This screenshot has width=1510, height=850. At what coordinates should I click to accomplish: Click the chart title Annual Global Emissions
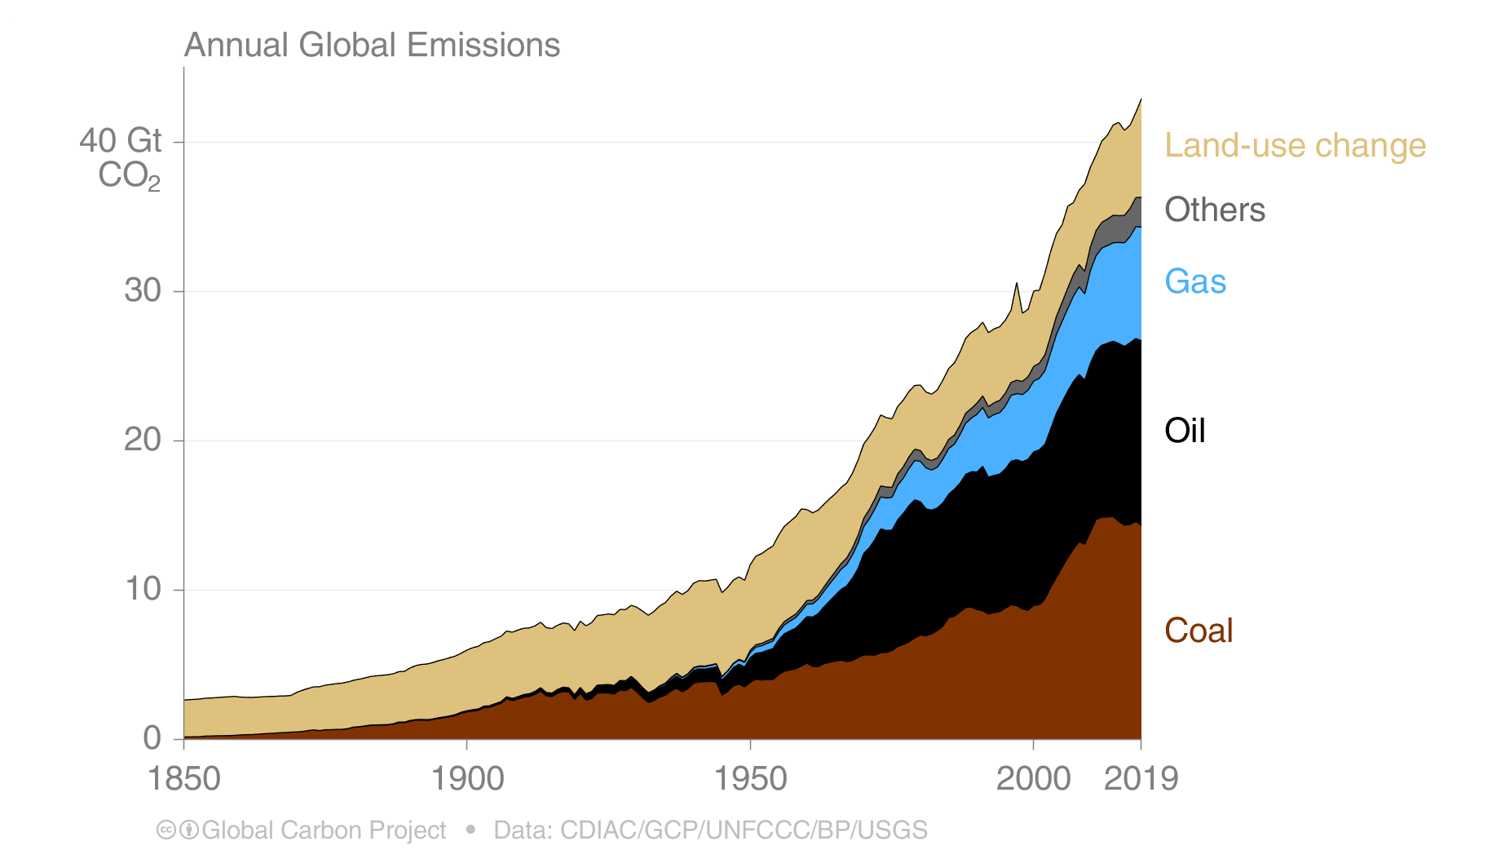click(x=372, y=45)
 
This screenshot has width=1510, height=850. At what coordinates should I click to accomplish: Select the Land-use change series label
click(x=1295, y=145)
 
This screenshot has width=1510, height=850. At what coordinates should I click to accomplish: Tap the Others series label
click(x=1215, y=210)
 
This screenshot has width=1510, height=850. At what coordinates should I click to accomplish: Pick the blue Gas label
click(x=1195, y=281)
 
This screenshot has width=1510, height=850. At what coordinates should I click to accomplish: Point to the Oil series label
click(x=1185, y=431)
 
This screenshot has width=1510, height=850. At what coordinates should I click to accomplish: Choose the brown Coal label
click(x=1199, y=631)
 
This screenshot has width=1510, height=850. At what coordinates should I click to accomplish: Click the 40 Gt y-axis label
click(x=121, y=141)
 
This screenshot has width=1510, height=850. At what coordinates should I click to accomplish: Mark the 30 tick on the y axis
click(x=142, y=290)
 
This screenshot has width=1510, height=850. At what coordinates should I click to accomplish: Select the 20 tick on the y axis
click(x=142, y=440)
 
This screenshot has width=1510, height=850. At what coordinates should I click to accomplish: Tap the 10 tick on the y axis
click(x=142, y=589)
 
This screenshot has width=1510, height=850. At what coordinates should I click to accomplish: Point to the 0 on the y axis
click(x=152, y=738)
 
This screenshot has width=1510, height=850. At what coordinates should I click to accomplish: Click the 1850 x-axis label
click(x=183, y=779)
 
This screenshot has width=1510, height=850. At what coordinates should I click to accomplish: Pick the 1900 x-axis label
click(x=467, y=779)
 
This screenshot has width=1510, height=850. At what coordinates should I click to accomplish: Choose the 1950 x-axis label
click(x=750, y=779)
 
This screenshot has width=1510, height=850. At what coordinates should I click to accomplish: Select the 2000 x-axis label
click(x=1033, y=779)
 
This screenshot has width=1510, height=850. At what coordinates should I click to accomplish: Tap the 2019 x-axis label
click(x=1141, y=779)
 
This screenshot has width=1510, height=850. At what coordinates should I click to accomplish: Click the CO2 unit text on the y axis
click(x=129, y=175)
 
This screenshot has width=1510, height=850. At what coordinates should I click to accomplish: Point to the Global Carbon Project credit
click(x=324, y=830)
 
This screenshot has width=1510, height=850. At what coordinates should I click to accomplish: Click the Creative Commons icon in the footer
click(x=166, y=830)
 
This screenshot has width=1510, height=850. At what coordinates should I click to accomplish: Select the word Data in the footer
click(x=523, y=830)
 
